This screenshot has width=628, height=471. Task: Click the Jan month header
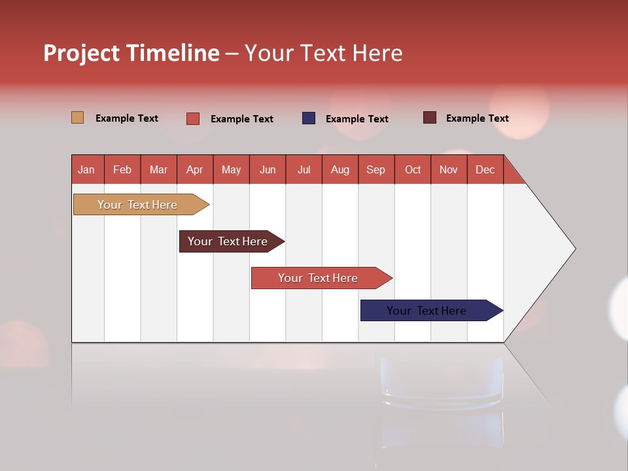click(x=87, y=169)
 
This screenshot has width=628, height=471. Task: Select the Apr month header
click(x=195, y=169)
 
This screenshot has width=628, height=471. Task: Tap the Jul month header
click(x=304, y=169)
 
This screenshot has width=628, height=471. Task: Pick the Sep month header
click(x=376, y=169)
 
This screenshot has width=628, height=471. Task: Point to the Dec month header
click(x=485, y=169)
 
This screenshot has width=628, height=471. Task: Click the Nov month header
click(x=449, y=169)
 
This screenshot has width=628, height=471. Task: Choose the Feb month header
click(x=122, y=169)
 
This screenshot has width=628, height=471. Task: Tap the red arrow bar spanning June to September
click(x=319, y=278)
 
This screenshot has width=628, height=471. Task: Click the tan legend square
click(x=77, y=118)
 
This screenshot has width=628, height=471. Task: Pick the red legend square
click(x=192, y=118)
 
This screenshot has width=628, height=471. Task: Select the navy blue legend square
click(x=308, y=118)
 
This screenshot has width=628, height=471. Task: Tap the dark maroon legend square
click(x=429, y=118)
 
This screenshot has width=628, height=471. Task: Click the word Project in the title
click(x=81, y=54)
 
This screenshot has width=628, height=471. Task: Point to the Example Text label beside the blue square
click(x=357, y=119)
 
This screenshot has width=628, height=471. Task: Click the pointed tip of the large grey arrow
click(x=573, y=248)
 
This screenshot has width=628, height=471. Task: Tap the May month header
click(x=231, y=169)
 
